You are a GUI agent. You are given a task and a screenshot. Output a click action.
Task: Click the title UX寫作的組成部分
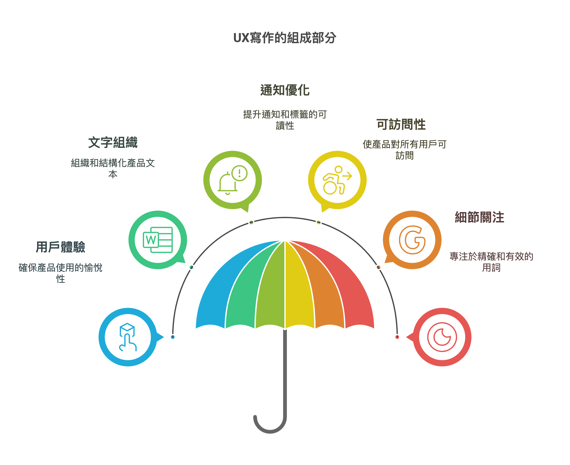click(x=285, y=38)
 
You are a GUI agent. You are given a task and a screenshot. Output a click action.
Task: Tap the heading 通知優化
click(x=285, y=90)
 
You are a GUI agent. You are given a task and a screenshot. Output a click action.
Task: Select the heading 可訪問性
click(x=401, y=125)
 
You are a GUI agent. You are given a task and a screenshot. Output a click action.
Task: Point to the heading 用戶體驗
click(x=61, y=247)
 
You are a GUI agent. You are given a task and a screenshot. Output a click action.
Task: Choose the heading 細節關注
click(x=479, y=217)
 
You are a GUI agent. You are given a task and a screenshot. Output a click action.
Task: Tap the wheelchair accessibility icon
click(x=337, y=180)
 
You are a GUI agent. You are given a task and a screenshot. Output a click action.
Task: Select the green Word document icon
click(x=158, y=240)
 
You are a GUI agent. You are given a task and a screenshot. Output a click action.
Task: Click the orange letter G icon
click(x=412, y=240)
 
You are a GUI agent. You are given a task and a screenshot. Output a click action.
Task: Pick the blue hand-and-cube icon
click(x=128, y=337)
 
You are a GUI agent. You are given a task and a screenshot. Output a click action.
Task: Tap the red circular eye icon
click(x=442, y=337)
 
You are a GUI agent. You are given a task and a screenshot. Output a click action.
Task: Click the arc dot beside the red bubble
click(x=397, y=337)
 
